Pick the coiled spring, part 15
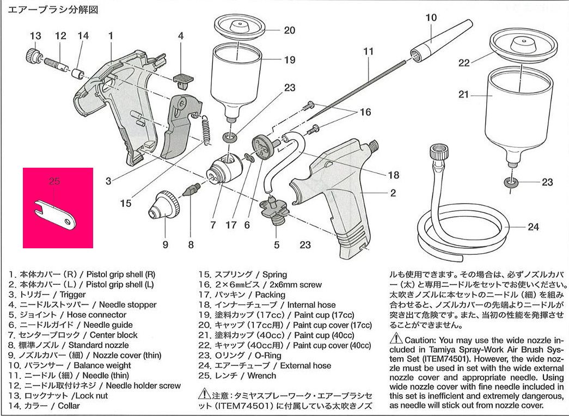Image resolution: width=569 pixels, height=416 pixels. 206,131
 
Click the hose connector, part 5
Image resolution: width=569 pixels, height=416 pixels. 276,210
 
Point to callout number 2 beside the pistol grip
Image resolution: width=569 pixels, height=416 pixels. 393,193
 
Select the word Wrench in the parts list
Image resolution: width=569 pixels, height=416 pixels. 261,376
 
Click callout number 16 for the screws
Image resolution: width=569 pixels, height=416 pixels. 365,112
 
